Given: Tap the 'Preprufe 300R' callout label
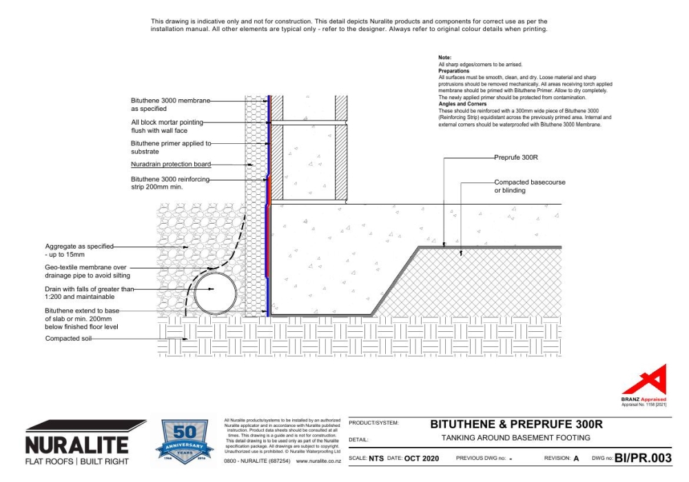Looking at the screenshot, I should click(x=515, y=158).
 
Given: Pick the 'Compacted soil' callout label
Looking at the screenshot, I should click(x=68, y=339).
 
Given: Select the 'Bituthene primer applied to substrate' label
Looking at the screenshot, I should click(x=169, y=147).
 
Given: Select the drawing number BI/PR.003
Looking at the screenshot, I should click(x=642, y=457).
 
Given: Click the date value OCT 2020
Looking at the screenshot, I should click(x=422, y=458).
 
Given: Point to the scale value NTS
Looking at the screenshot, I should click(x=376, y=458).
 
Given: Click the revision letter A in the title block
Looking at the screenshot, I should click(x=576, y=458).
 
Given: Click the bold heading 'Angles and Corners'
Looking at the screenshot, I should click(x=459, y=104).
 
